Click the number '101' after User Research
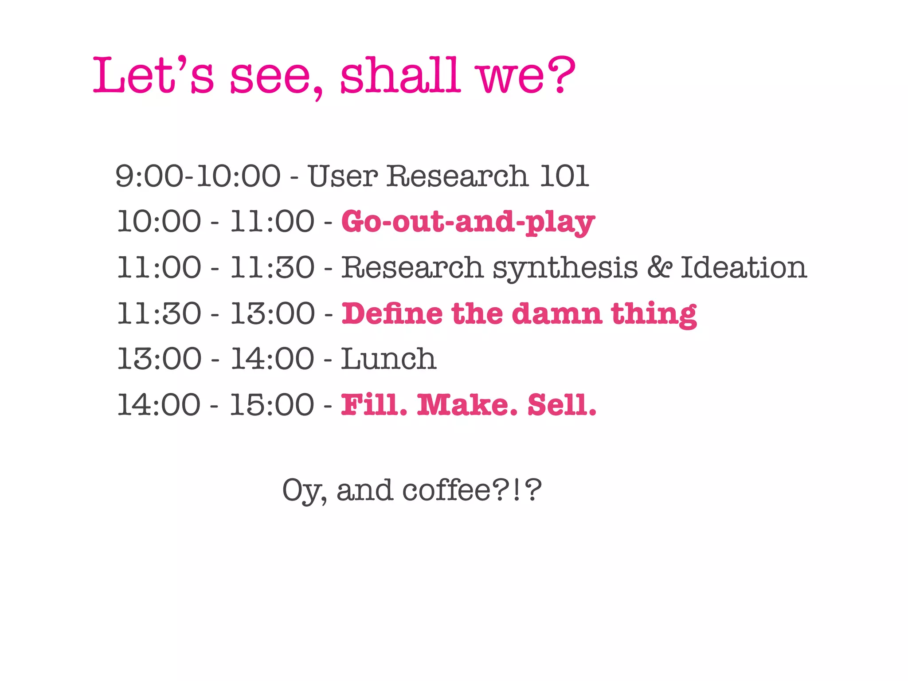[564, 176]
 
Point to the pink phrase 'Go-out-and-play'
[468, 222]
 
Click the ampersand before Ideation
[659, 267]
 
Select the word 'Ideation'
[744, 268]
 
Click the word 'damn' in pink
[557, 314]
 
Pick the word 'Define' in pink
[392, 314]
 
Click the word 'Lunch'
[388, 359]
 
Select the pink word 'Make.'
[467, 405]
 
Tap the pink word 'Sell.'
[562, 405]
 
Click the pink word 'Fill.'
[374, 405]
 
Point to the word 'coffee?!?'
[472, 490]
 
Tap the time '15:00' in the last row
[272, 405]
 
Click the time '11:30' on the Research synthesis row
[272, 268]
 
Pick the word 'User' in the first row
[343, 176]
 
